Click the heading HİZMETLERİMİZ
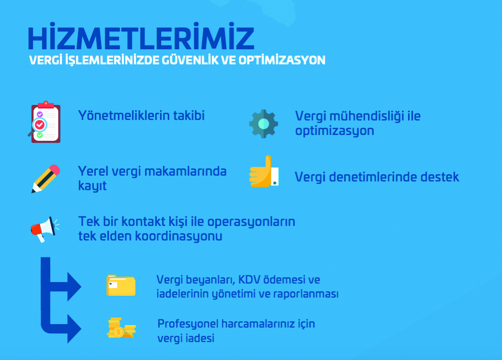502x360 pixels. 141,36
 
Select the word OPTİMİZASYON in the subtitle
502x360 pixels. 282,60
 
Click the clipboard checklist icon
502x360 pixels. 44,122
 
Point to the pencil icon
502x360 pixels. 45,179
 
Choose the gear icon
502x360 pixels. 264,124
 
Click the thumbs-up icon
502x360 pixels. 264,172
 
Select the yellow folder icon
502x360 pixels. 121,285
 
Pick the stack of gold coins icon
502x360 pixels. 121,328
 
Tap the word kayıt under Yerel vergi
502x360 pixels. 92,186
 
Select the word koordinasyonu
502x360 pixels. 178,236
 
